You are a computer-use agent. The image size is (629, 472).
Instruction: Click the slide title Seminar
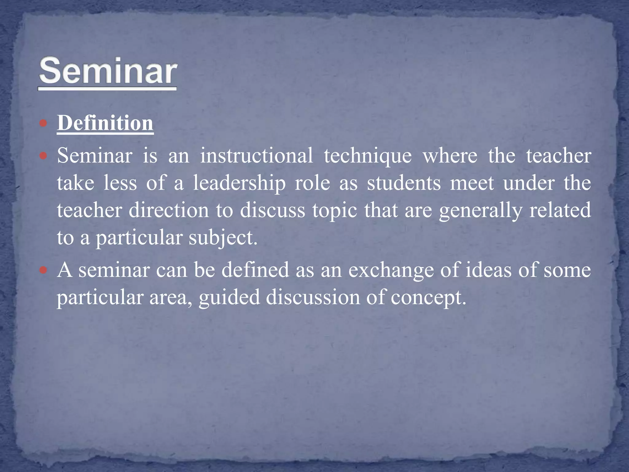click(x=107, y=71)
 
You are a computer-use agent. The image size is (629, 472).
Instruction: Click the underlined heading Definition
click(x=105, y=124)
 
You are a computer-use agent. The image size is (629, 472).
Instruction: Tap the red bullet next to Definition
click(x=43, y=124)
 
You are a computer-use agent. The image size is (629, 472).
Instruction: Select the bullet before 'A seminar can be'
click(x=43, y=270)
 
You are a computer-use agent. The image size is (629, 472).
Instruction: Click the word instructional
click(x=256, y=155)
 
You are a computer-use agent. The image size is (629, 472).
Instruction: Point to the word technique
click(x=368, y=156)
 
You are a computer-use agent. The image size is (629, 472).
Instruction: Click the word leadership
click(x=239, y=183)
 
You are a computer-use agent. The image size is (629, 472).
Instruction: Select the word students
click(x=404, y=183)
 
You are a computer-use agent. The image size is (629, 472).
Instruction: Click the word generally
click(x=480, y=211)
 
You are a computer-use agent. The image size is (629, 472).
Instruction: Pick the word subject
click(x=222, y=238)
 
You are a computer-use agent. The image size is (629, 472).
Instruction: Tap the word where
click(x=450, y=155)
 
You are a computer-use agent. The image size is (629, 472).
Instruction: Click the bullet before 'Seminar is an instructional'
click(x=43, y=156)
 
